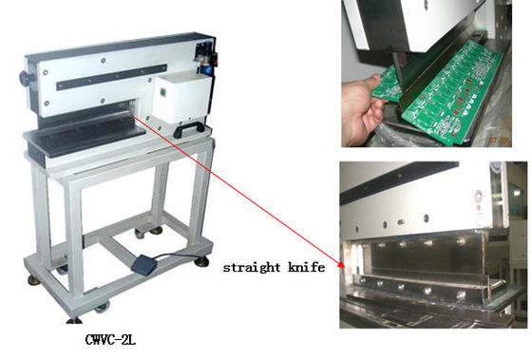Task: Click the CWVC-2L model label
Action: click(x=110, y=340)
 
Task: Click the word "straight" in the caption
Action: click(x=252, y=268)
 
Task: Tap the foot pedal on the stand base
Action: click(x=143, y=264)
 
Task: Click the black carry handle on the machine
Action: click(x=188, y=129)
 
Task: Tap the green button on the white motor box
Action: click(x=163, y=93)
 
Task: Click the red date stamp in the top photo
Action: click(x=501, y=140)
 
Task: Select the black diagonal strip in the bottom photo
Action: click(x=399, y=182)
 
